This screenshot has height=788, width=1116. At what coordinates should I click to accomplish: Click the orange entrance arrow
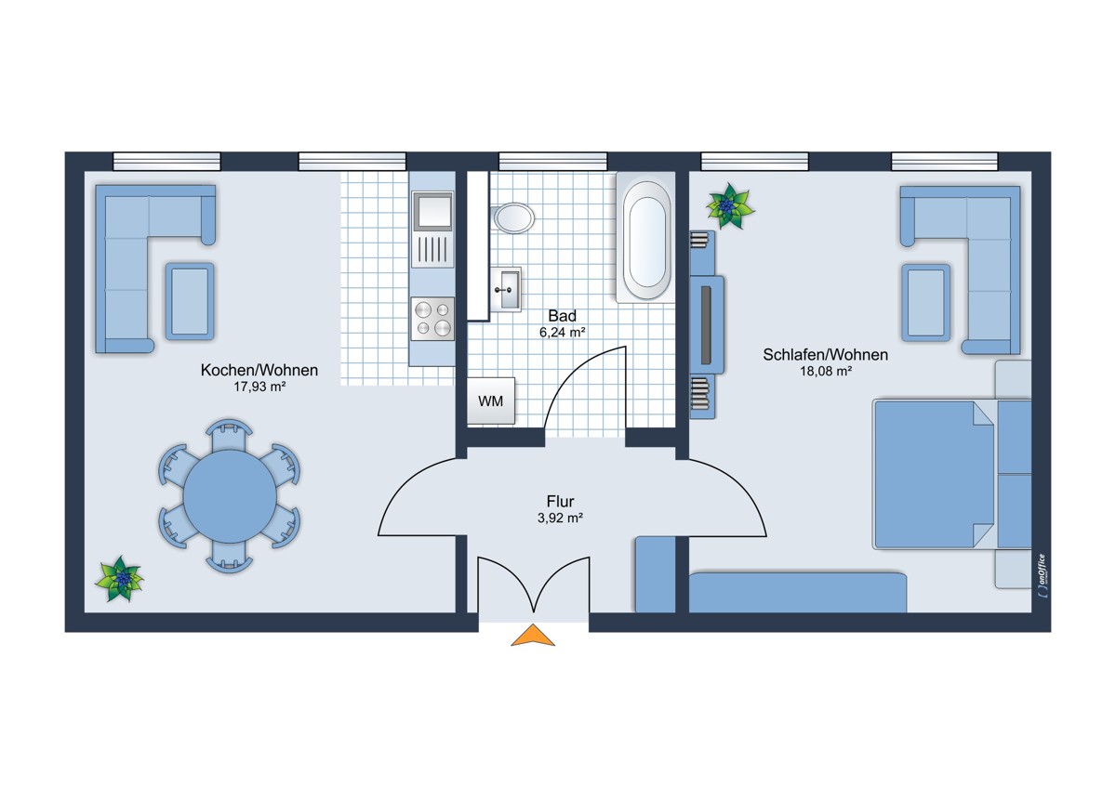(533, 636)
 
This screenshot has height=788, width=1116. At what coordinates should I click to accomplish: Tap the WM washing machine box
(491, 401)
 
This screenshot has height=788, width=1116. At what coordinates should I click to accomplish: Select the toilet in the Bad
(513, 217)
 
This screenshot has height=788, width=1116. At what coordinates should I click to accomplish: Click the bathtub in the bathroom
(645, 238)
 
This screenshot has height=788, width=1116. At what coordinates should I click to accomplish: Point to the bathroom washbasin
(506, 289)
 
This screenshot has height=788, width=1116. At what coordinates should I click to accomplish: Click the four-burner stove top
(432, 319)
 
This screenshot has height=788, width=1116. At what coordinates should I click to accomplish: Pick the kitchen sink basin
(432, 211)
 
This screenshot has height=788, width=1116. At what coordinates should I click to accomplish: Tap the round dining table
(230, 496)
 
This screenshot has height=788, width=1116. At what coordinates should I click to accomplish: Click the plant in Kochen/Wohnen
(119, 578)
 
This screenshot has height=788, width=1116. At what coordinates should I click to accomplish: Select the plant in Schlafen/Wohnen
(730, 205)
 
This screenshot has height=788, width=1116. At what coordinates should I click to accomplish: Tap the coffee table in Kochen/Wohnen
(190, 301)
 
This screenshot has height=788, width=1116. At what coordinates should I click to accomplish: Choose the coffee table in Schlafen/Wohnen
(925, 303)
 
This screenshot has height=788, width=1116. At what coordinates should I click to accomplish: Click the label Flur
(560, 501)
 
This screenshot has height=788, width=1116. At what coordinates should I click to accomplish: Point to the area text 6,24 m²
(562, 332)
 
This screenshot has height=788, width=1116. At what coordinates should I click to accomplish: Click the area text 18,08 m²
(826, 371)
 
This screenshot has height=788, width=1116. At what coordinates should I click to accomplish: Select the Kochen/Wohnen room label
(259, 370)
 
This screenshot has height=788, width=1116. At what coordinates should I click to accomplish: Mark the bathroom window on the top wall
(553, 162)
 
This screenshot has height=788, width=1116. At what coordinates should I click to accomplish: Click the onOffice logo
(1042, 575)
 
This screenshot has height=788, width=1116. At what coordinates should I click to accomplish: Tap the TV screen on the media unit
(706, 325)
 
